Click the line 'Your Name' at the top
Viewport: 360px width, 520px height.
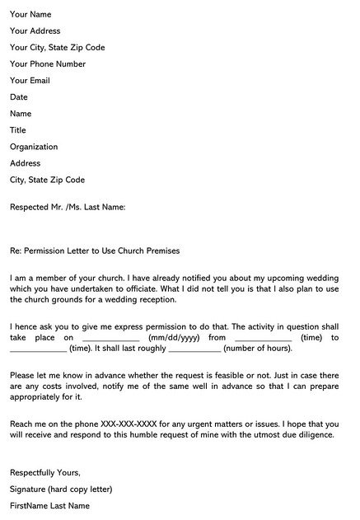click(x=30, y=15)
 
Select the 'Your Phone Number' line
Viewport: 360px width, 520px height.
click(x=48, y=64)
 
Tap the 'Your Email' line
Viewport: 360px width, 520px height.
click(x=30, y=81)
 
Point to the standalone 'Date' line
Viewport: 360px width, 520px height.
click(x=19, y=97)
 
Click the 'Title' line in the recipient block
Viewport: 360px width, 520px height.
click(x=18, y=130)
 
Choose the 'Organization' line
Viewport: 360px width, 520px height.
click(x=34, y=147)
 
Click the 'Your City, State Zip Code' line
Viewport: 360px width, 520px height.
click(x=58, y=48)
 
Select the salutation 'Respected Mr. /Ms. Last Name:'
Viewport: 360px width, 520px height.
click(x=68, y=208)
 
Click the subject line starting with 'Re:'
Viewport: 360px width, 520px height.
click(x=95, y=251)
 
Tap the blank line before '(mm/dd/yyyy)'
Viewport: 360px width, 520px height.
click(x=111, y=339)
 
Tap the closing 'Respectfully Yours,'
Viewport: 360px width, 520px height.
click(x=45, y=473)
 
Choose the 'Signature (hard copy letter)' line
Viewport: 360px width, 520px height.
click(x=61, y=490)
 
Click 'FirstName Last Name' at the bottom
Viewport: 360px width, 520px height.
click(x=49, y=506)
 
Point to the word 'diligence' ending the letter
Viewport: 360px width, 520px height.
click(x=314, y=435)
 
